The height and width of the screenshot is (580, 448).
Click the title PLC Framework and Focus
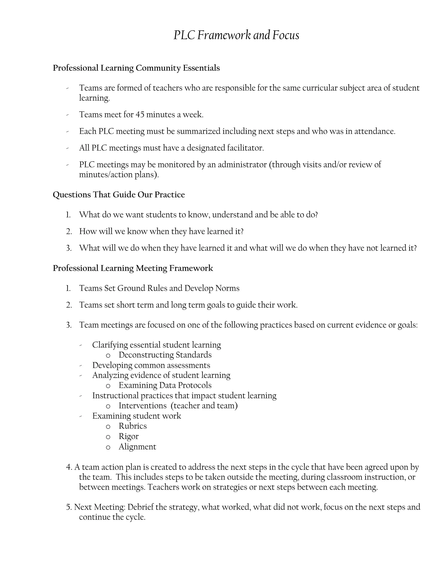(x=236, y=35)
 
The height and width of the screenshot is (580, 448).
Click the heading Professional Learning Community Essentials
(x=136, y=68)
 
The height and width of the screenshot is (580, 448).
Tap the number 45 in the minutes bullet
(x=140, y=115)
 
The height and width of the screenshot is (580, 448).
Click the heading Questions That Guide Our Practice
(x=119, y=195)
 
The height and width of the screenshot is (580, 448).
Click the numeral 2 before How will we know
(x=69, y=232)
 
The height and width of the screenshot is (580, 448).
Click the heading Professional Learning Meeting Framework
(x=133, y=268)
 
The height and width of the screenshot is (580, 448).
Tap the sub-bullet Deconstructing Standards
(x=165, y=355)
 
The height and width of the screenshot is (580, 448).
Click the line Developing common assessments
(x=151, y=366)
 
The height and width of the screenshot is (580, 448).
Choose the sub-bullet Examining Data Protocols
(x=165, y=385)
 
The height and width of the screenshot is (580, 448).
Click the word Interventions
(x=143, y=406)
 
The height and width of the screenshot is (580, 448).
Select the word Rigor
(x=128, y=436)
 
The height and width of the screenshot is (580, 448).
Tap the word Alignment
(x=137, y=447)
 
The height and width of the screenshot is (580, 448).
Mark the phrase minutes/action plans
(x=118, y=175)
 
